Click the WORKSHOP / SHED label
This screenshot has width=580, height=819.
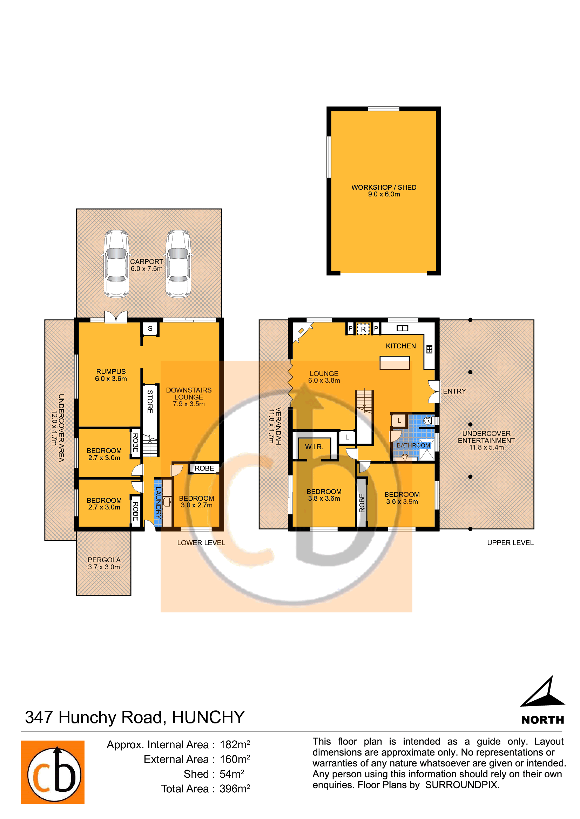tap(384, 187)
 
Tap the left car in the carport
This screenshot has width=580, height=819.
tap(116, 264)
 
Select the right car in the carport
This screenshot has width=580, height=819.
tap(178, 264)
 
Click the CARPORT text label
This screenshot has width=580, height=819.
tap(147, 262)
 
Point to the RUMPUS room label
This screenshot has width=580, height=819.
tap(111, 371)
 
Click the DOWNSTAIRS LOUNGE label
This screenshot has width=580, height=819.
tap(189, 394)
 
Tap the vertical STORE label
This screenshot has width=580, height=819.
tap(150, 402)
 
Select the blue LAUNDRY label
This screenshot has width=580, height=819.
tap(158, 503)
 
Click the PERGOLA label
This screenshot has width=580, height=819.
tap(104, 560)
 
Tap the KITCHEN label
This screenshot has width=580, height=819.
tap(401, 346)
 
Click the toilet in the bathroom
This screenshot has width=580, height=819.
tap(427, 421)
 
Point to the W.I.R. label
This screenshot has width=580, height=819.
tap(314, 447)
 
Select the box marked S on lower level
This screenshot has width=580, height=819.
tap(150, 328)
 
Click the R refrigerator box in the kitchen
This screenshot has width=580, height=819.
tap(363, 329)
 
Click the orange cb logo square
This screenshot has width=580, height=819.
tap(53, 772)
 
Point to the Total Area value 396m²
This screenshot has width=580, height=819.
tap(235, 789)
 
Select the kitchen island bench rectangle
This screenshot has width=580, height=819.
tap(394, 363)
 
